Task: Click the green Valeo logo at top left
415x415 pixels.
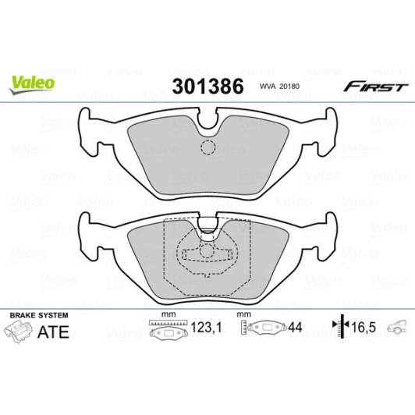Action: coord(31,80)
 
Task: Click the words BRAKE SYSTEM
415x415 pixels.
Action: coord(38,314)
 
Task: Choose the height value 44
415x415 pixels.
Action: coord(295,329)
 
